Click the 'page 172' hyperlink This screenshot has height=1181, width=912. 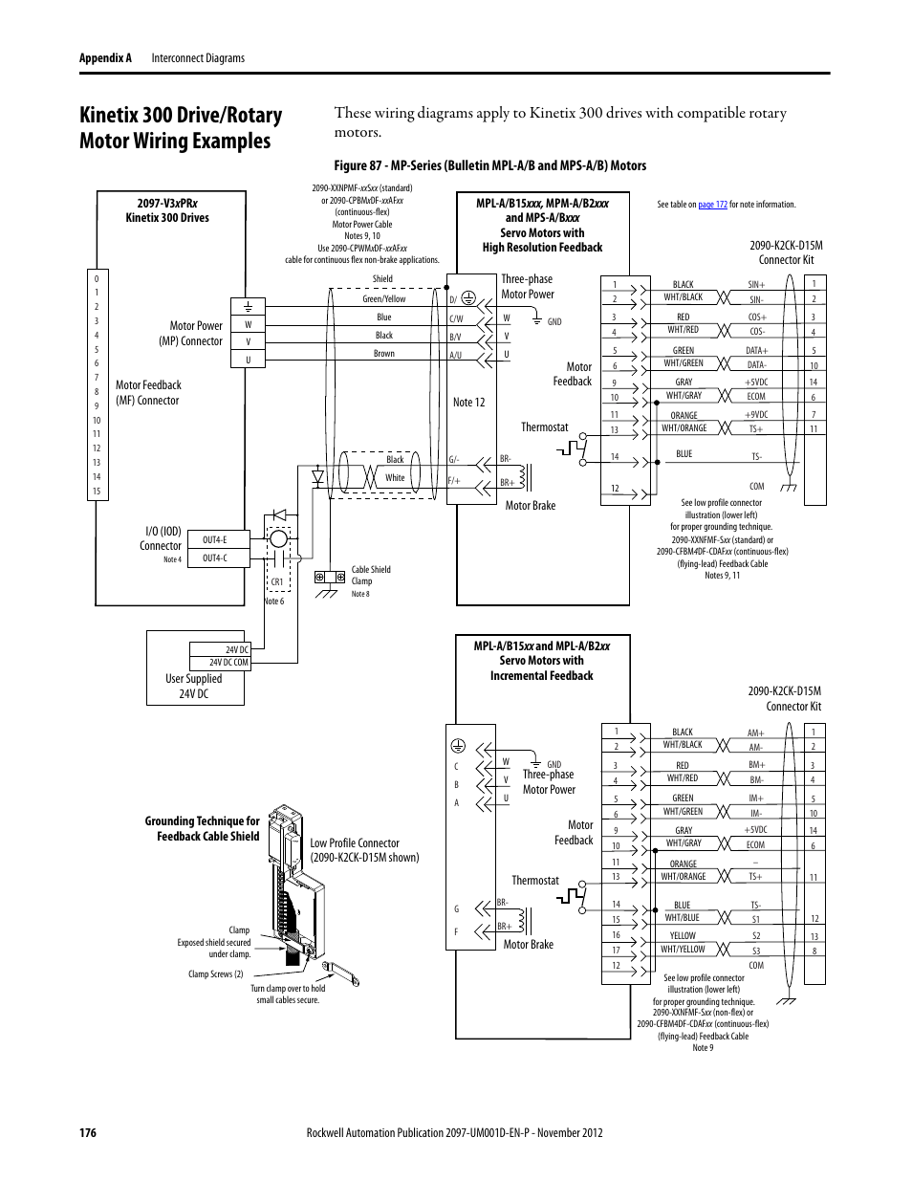[712, 205]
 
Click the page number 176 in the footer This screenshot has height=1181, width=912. [88, 1133]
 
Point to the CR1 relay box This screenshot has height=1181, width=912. [277, 581]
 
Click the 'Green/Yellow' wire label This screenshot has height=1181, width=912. [383, 299]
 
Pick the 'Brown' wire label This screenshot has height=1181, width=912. [383, 354]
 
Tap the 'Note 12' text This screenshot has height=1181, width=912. [468, 403]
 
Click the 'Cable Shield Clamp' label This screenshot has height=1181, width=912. [370, 575]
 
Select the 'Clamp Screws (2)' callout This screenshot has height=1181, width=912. [215, 974]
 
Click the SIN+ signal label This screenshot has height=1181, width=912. [756, 285]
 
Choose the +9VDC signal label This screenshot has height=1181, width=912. [756, 415]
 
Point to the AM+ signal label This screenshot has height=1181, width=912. [755, 733]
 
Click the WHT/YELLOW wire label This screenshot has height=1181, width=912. [683, 950]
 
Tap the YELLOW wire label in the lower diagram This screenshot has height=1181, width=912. [683, 936]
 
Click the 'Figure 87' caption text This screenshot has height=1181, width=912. [489, 165]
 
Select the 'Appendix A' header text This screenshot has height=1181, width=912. [105, 58]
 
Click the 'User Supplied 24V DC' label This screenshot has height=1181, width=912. [193, 687]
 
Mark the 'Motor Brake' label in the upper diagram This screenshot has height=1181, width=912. [530, 506]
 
